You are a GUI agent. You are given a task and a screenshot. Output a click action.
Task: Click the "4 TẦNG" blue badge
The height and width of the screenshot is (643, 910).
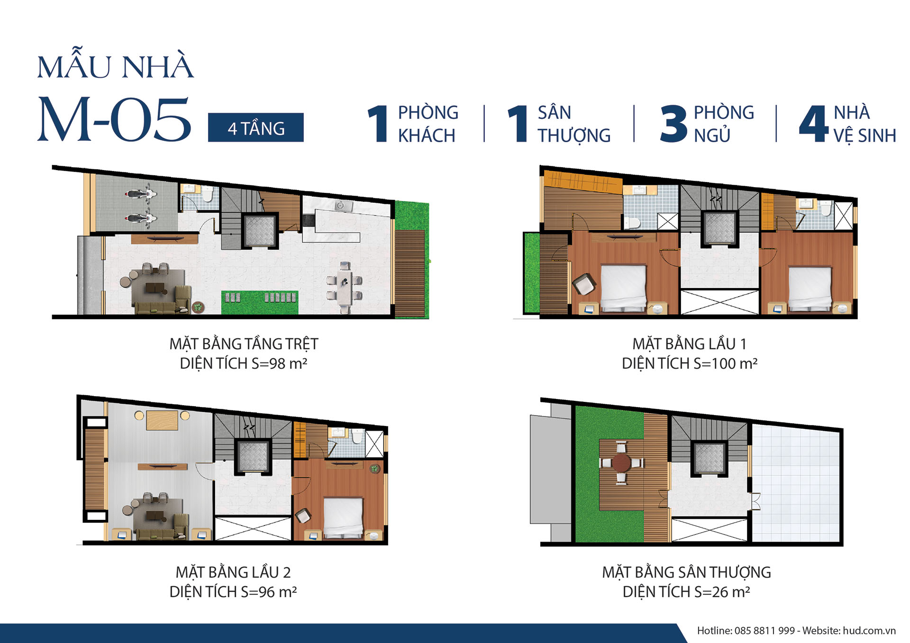255,127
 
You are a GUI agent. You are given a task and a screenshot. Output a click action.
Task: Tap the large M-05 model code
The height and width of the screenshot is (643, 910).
114,119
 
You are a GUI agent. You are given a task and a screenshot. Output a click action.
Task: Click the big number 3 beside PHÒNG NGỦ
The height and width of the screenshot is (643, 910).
673,124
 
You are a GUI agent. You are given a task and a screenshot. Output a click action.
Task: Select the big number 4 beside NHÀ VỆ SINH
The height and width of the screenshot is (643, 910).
813,124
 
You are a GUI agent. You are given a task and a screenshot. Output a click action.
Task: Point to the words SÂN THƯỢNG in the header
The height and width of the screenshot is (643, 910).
574,124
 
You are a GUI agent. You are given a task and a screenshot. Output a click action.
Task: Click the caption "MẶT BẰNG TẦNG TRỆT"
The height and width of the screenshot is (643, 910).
244,344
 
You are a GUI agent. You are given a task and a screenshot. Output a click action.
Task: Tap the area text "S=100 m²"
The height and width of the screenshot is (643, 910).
725,363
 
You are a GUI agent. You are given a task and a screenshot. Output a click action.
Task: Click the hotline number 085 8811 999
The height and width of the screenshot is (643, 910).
764,631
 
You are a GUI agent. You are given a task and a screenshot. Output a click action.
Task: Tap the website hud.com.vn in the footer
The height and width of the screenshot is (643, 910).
869,631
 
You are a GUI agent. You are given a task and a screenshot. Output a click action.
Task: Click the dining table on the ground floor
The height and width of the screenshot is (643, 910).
345,287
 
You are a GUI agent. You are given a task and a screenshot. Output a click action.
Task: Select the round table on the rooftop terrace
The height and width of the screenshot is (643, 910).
621,462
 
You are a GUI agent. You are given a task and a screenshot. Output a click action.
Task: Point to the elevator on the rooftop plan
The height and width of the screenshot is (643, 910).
709,459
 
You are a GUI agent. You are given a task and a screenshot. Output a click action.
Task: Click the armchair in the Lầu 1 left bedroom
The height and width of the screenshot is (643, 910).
584,284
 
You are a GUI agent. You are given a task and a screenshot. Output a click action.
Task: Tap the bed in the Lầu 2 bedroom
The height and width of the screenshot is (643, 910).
343,517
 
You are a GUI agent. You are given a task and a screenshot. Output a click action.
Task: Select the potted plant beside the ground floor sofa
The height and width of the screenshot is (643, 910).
198,307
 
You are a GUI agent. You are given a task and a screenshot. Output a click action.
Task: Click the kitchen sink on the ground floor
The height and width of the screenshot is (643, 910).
341,206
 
